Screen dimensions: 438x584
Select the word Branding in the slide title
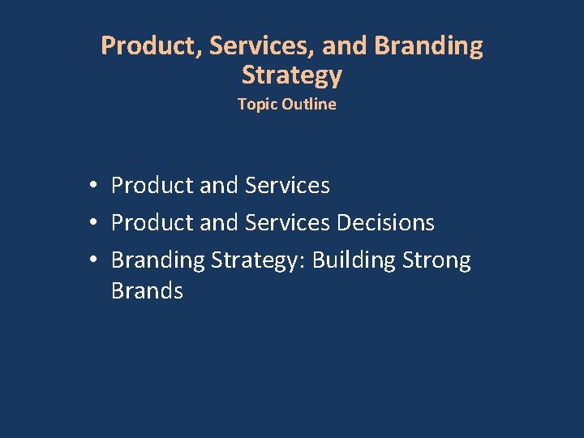click(x=428, y=46)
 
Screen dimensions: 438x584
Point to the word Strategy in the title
click(x=292, y=76)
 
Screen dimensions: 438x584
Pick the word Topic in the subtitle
click(x=255, y=104)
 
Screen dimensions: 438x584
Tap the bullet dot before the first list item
click(x=95, y=186)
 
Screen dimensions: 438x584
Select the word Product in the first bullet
click(x=152, y=186)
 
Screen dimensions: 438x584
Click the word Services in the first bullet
click(x=287, y=186)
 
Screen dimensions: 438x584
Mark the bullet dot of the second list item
click(x=95, y=223)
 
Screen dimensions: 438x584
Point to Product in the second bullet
click(x=152, y=223)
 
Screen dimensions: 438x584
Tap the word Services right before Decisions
click(x=287, y=223)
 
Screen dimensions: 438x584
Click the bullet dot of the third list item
click(x=95, y=260)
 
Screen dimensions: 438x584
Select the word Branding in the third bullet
click(x=157, y=260)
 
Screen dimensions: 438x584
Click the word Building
click(x=351, y=260)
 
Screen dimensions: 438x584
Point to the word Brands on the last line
click(x=147, y=290)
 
